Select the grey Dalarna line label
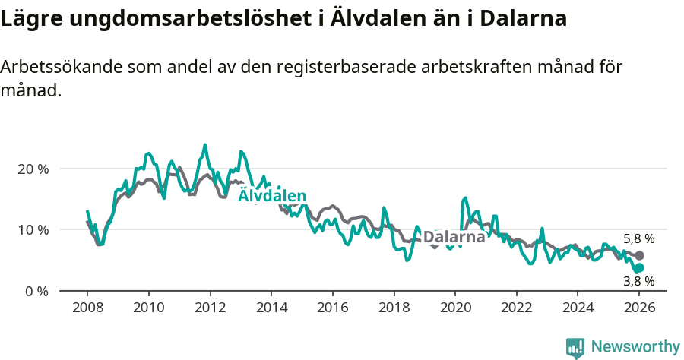(454, 237)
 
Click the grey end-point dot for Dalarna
(639, 256)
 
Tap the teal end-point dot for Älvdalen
(639, 268)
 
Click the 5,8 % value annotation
(638, 238)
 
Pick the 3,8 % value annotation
(638, 281)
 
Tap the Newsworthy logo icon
(575, 347)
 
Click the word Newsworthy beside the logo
(635, 347)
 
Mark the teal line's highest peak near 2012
(204, 144)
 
